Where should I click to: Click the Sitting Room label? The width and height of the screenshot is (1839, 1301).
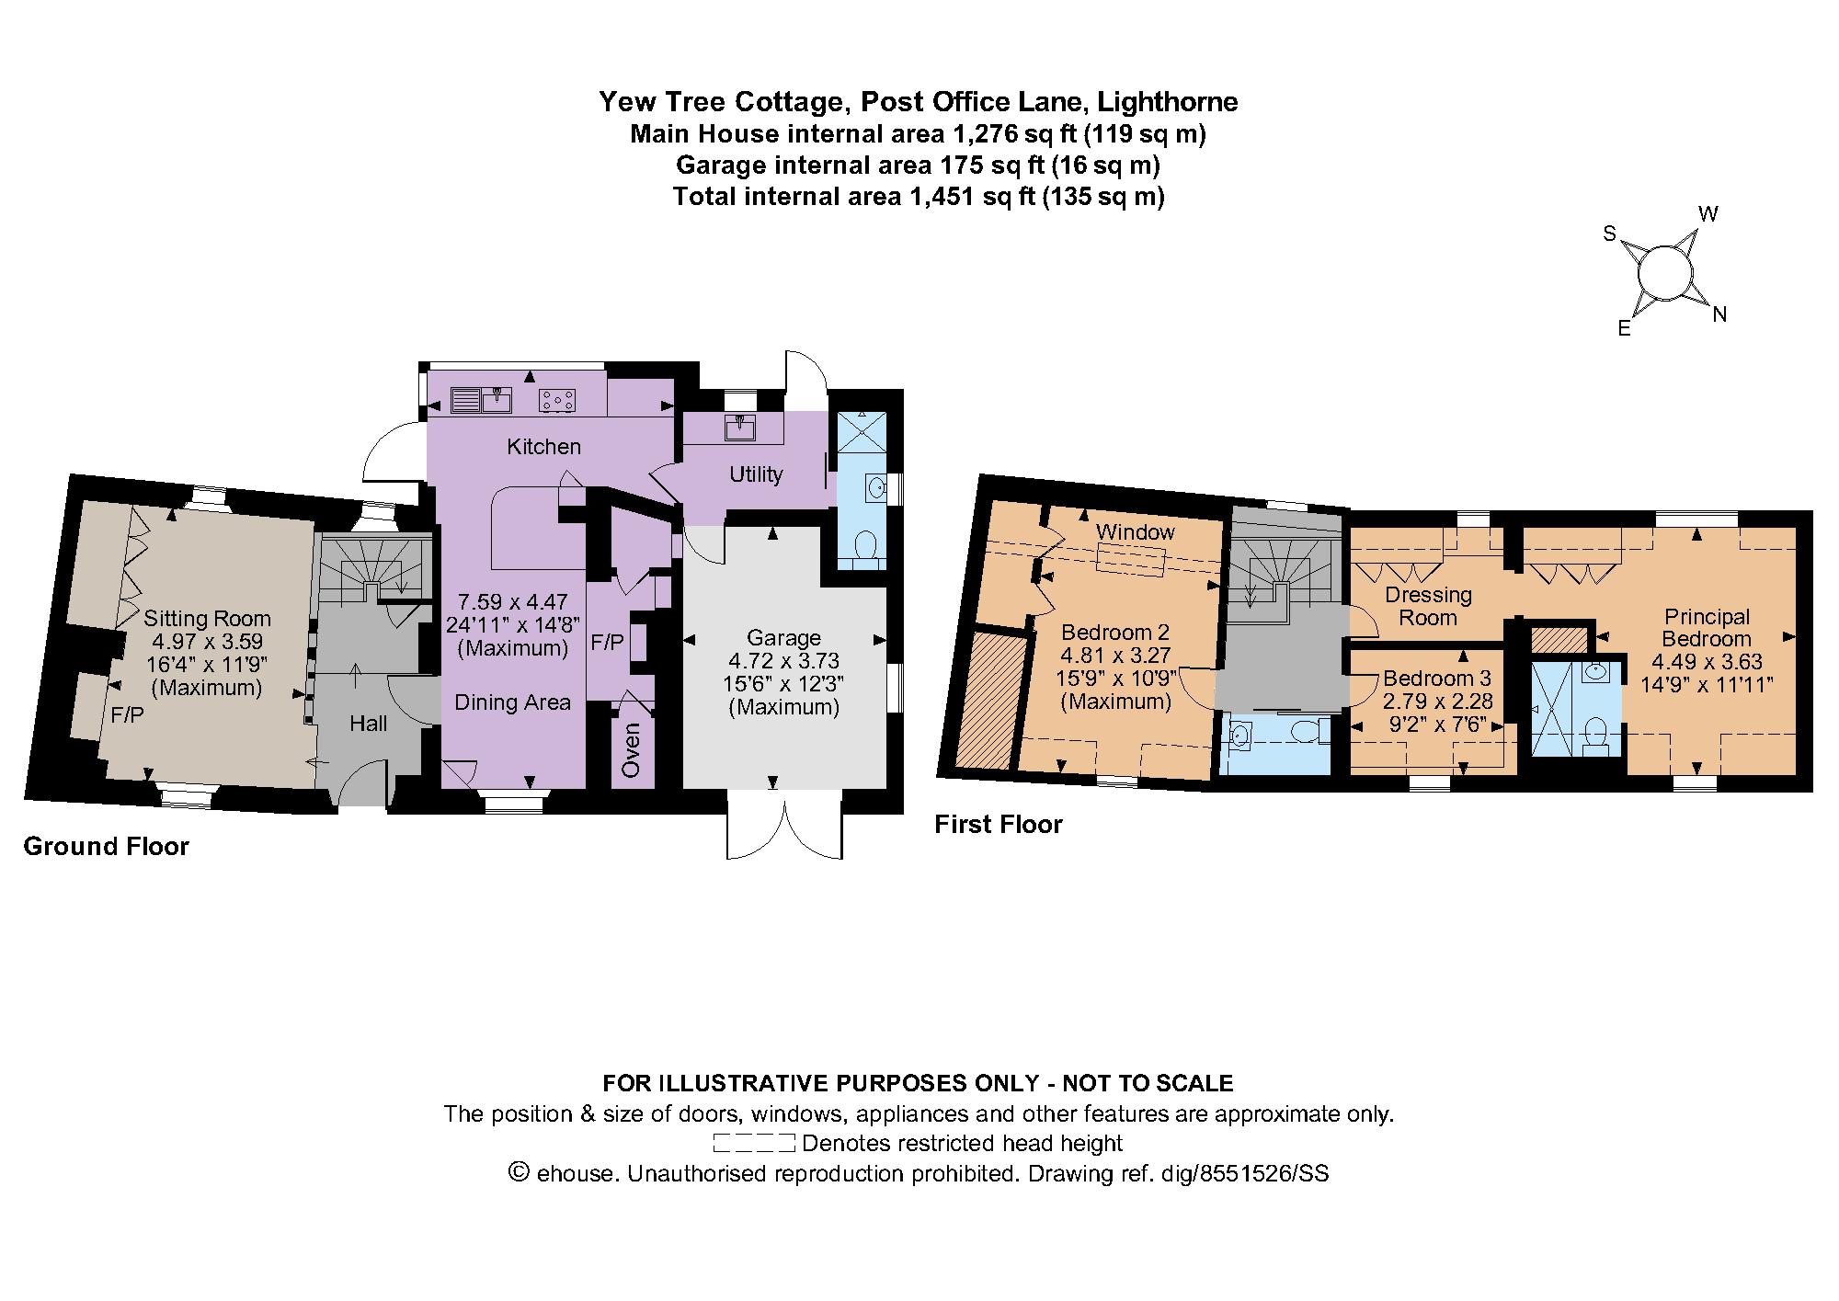[x=208, y=618]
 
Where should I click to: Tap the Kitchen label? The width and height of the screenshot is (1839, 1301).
[x=543, y=447]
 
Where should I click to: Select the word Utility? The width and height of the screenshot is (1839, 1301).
[x=756, y=474]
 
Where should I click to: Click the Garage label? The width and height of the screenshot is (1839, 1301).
[x=783, y=637]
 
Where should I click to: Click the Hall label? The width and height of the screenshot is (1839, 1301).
[x=368, y=724]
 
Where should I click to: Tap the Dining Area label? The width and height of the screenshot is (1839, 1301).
[x=512, y=702]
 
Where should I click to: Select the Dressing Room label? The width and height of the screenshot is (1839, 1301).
[x=1428, y=606]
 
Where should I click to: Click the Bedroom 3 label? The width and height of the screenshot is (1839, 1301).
[x=1436, y=679]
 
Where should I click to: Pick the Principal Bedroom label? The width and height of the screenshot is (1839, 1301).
[x=1707, y=627]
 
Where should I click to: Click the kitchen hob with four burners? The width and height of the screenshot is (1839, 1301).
[x=559, y=400]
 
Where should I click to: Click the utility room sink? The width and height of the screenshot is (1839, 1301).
[x=739, y=428]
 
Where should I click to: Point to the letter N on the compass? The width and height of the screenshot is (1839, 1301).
[x=1719, y=314]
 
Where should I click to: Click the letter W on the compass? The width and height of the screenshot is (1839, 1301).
[x=1708, y=214]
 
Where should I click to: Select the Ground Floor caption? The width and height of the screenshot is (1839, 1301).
[x=106, y=847]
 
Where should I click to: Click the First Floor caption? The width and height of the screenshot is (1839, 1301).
[x=998, y=825]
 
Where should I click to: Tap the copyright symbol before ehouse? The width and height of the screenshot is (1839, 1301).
[x=520, y=1173]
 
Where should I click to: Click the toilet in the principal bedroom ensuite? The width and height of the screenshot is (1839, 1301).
[x=1598, y=734]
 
